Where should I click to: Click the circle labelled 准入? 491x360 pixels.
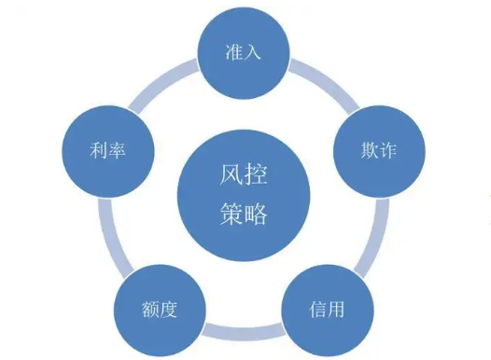pos(245,51)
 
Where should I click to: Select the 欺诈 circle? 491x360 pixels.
pos(376,149)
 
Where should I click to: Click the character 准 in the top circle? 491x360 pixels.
pos(234,51)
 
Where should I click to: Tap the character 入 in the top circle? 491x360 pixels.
pos(255,51)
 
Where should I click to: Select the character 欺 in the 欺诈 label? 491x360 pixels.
pos(366,149)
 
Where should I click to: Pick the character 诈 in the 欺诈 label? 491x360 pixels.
pos(386,149)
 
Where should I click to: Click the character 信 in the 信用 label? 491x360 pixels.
pos(317,308)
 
